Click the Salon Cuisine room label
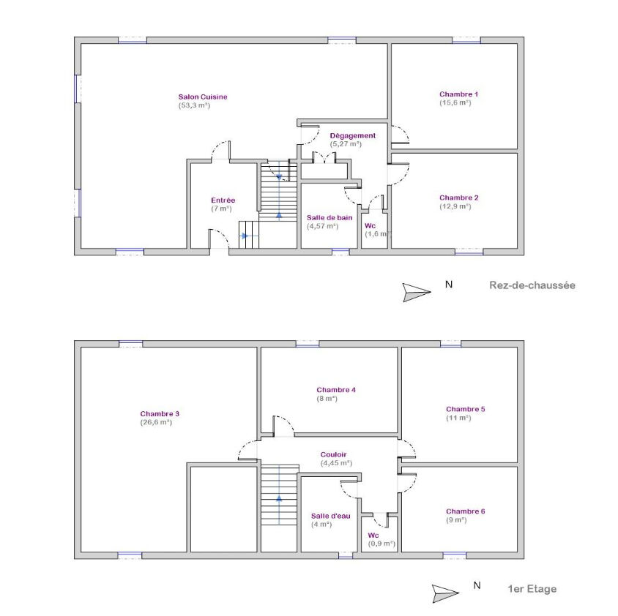[203, 97]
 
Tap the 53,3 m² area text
[194, 105]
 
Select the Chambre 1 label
[459, 94]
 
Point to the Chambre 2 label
[459, 198]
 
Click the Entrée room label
[223, 200]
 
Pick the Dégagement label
[353, 135]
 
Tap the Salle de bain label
[330, 217]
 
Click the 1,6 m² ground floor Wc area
[378, 234]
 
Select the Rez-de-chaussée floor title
[532, 285]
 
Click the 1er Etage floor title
[532, 589]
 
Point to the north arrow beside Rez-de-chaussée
[417, 292]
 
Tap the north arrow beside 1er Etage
[446, 593]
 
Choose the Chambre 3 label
[160, 413]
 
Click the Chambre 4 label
[336, 390]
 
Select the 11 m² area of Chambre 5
[458, 418]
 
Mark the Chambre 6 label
[466, 511]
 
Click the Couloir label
[333, 454]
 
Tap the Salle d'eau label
[331, 516]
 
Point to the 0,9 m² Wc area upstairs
[381, 544]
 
